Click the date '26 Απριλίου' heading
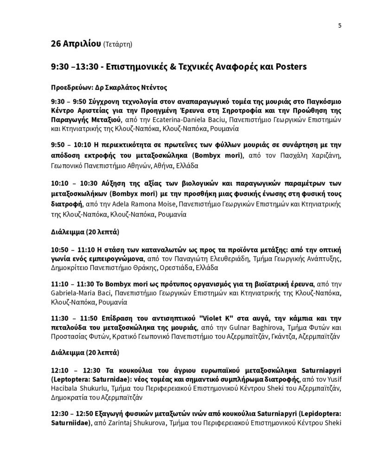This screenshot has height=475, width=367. coord(76,45)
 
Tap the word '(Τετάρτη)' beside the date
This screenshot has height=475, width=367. coord(118,45)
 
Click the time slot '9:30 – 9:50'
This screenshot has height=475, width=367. coord(68,101)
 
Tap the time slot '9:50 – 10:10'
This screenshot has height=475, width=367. coord(70,145)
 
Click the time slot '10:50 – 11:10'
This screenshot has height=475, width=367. coord(72,249)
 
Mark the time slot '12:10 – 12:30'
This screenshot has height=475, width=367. coord(72,372)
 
